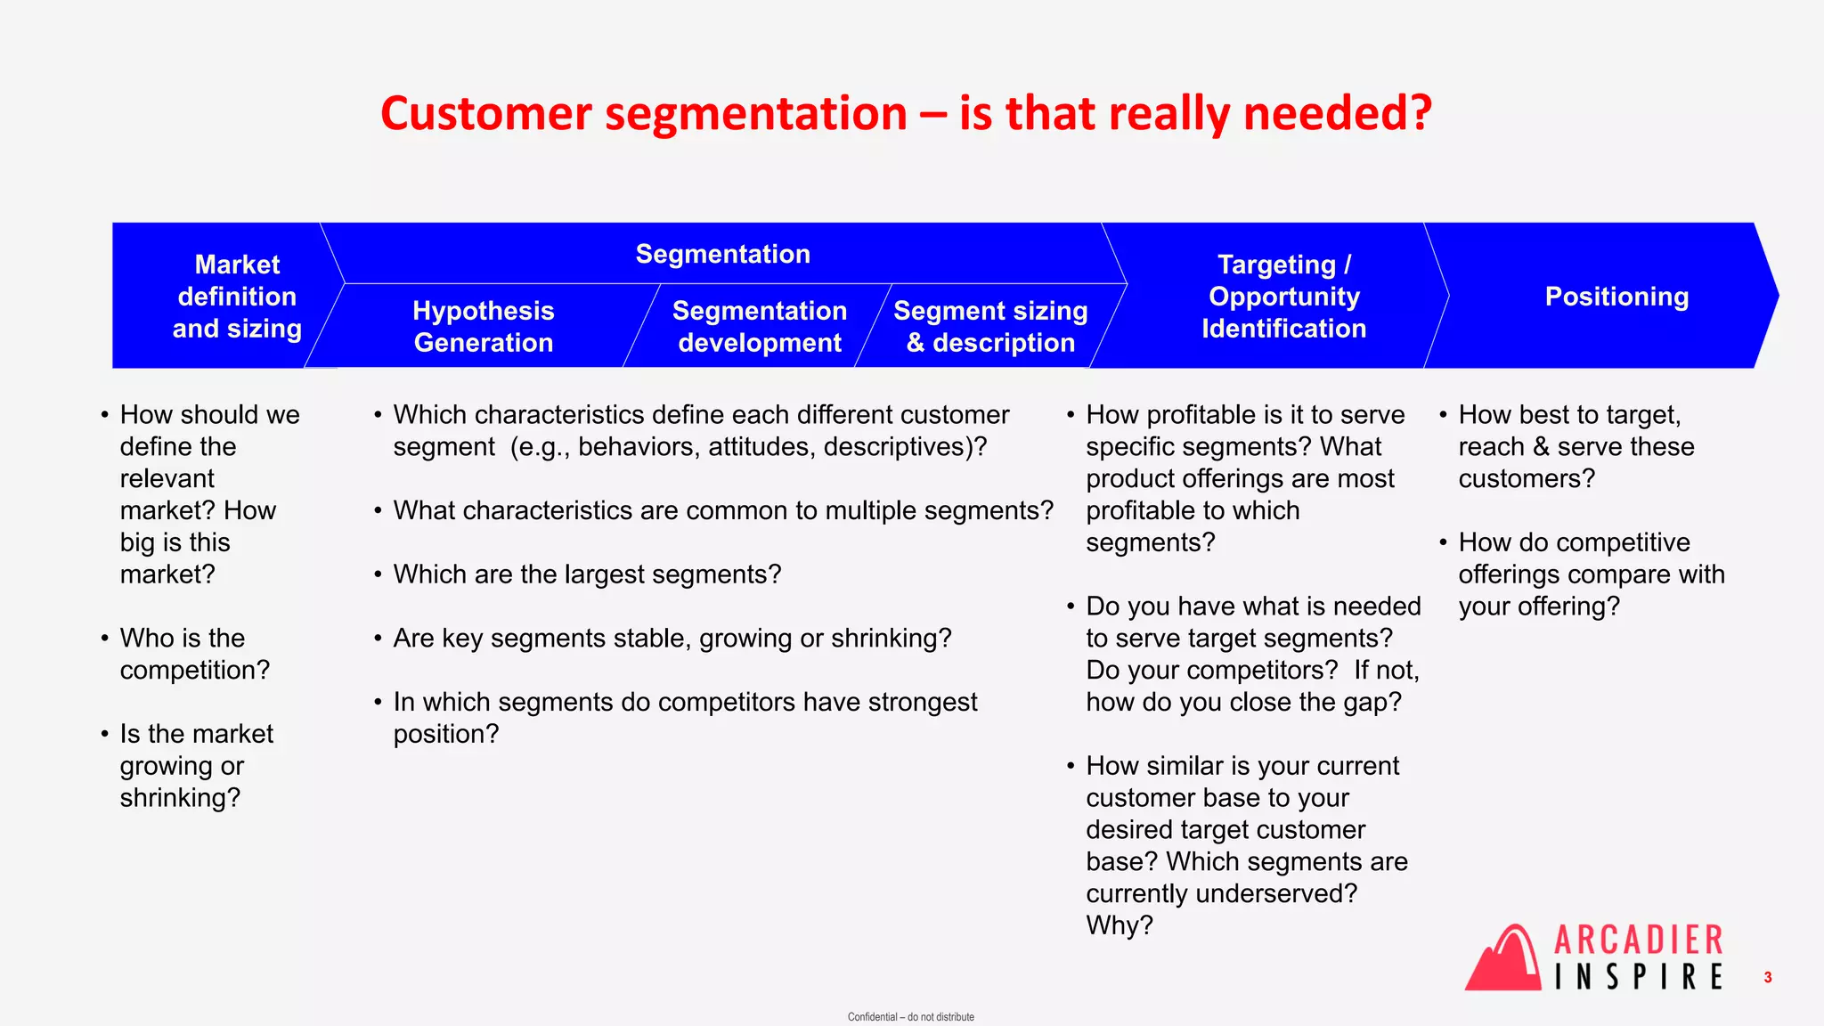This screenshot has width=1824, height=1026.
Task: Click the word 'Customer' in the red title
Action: coord(485,114)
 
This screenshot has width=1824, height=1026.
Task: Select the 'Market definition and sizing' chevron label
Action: coord(237,297)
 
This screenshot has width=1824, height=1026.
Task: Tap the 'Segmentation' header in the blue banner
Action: coord(722,254)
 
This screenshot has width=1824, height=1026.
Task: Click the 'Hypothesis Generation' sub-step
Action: coord(483,327)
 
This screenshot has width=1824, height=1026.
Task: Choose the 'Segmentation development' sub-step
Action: coord(759,327)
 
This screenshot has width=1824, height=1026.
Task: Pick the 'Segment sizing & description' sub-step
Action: coord(990,327)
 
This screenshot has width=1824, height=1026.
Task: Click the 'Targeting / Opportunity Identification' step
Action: coord(1283,297)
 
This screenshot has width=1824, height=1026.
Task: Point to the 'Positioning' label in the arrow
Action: coord(1616,297)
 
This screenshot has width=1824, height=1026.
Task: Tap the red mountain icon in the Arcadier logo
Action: coord(1504,960)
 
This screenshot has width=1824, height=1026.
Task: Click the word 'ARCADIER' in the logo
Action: coord(1639,940)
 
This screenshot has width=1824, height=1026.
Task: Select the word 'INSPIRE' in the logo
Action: coord(1639,977)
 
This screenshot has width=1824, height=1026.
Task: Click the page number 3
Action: coord(1768,978)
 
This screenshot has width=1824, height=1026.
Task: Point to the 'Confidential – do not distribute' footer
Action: coord(910,1017)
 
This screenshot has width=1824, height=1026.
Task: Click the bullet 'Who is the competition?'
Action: coord(194,654)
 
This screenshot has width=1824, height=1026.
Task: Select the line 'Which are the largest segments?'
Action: coord(587,574)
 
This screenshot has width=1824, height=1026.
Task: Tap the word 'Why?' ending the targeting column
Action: coord(1120,925)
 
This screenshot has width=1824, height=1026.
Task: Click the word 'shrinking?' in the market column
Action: coord(180,798)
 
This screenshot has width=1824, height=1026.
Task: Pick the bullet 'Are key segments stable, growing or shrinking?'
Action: coord(672,639)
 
